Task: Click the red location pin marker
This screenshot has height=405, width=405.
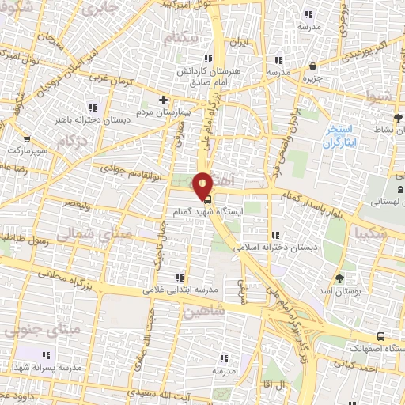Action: (203, 184)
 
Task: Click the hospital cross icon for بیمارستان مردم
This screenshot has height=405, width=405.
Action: (163, 100)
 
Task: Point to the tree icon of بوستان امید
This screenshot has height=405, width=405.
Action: (340, 278)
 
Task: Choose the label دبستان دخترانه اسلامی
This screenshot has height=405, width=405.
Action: (274, 247)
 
